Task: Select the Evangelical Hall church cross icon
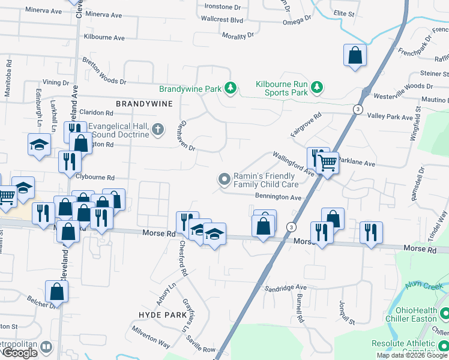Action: (157, 128)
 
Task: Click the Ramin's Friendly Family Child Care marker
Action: (224, 179)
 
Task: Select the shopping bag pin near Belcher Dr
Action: (56, 292)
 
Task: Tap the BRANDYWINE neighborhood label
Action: (144, 104)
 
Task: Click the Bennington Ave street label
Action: (277, 197)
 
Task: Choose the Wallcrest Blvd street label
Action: (222, 20)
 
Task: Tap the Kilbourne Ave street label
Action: (104, 37)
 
